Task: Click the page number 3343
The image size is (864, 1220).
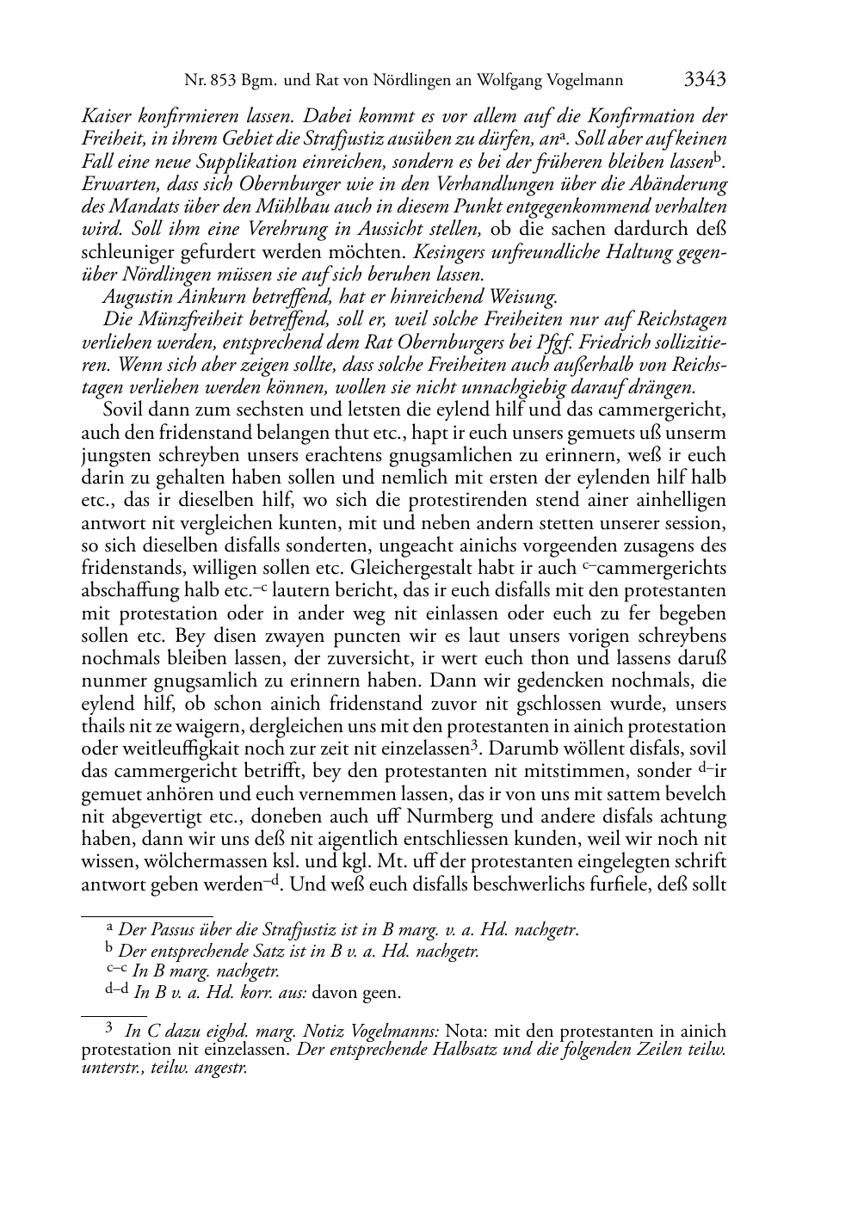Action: (x=705, y=80)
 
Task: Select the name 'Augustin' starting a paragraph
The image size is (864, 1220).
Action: (x=133, y=297)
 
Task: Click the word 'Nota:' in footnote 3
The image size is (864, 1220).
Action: (x=466, y=1031)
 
